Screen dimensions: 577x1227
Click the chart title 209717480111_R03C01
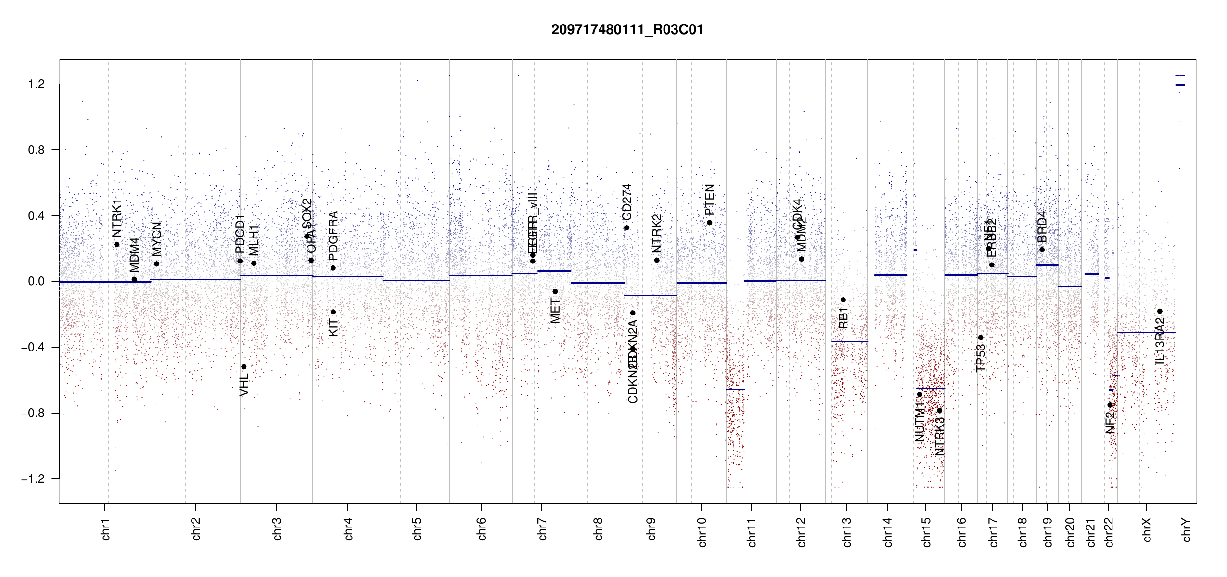pyautogui.click(x=627, y=30)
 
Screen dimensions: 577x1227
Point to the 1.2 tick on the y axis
pyautogui.click(x=37, y=84)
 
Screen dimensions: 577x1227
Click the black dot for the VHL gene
pyautogui.click(x=244, y=367)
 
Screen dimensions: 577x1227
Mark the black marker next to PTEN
pyautogui.click(x=710, y=223)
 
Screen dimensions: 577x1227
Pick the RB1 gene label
pyautogui.click(x=843, y=318)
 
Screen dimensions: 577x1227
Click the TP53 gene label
pyautogui.click(x=981, y=358)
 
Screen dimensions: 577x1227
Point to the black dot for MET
pyautogui.click(x=555, y=292)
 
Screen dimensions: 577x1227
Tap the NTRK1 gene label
pyautogui.click(x=117, y=219)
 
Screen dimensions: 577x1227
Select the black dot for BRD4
pyautogui.click(x=1042, y=250)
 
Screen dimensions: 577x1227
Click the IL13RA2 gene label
pyautogui.click(x=1160, y=340)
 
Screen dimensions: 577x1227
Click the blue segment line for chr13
pyautogui.click(x=850, y=342)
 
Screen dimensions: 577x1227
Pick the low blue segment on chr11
pyautogui.click(x=735, y=389)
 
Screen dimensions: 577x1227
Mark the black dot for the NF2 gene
pyautogui.click(x=1110, y=405)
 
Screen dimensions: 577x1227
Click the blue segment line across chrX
pyautogui.click(x=1146, y=333)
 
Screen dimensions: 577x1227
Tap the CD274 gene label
pyautogui.click(x=627, y=202)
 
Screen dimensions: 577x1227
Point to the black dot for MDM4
pyautogui.click(x=135, y=280)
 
